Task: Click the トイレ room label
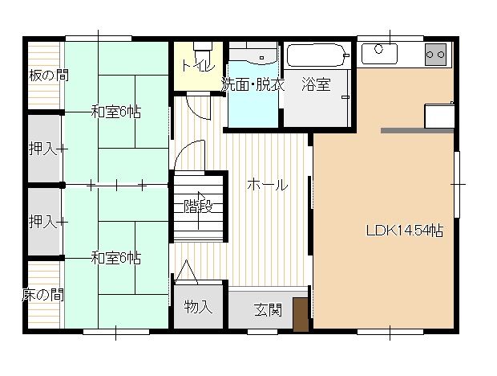[199, 65]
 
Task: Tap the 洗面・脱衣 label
[253, 84]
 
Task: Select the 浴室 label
[317, 84]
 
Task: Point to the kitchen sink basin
[379, 53]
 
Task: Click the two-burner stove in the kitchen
[435, 55]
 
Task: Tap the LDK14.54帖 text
[405, 231]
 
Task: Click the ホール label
[268, 185]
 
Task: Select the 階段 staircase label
[198, 207]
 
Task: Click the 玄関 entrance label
[269, 310]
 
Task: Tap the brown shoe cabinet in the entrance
[301, 314]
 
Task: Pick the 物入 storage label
[198, 307]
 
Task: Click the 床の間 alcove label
[43, 295]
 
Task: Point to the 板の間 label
[49, 76]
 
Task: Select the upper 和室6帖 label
[116, 112]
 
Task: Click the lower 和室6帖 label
[116, 258]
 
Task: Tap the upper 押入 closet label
[43, 149]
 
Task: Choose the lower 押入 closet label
[43, 222]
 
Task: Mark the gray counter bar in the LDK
[417, 130]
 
